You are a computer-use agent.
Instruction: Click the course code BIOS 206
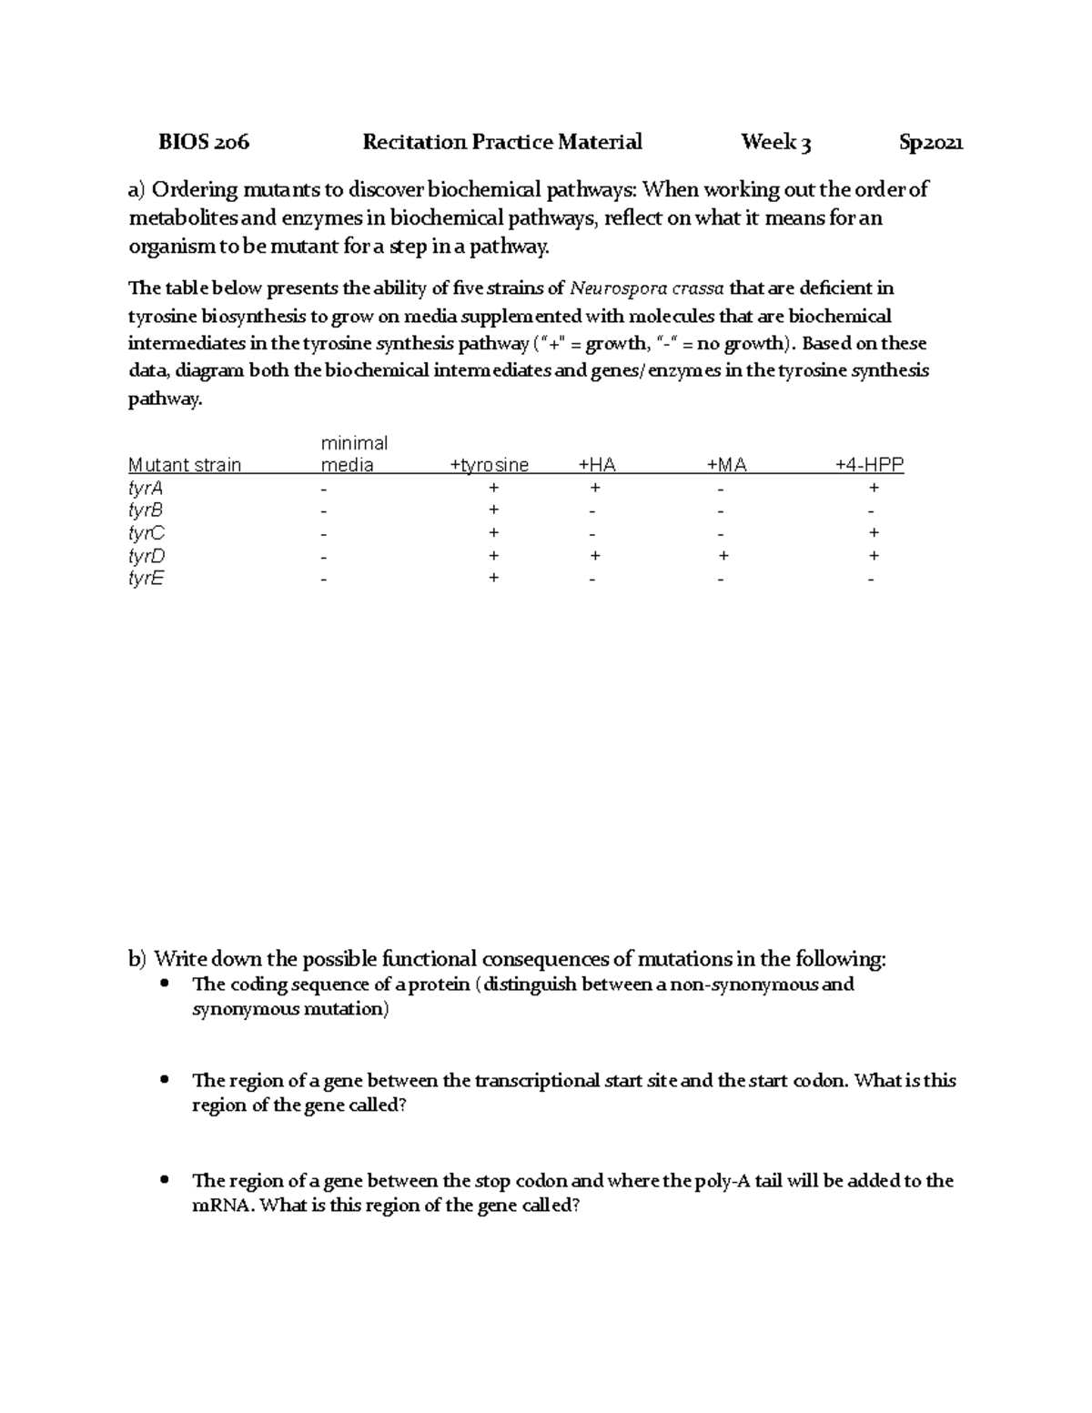204,142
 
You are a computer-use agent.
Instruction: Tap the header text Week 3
775,142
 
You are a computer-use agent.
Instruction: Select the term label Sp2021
931,142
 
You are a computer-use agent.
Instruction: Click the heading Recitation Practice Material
502,142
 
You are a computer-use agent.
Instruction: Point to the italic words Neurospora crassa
647,288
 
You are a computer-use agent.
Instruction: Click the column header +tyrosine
490,465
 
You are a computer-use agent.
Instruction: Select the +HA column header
597,465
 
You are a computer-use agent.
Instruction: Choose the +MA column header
726,465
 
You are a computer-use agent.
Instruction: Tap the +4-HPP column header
870,465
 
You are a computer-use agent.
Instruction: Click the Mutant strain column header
185,465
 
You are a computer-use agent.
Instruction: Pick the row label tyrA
146,488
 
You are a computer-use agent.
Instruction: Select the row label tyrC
147,533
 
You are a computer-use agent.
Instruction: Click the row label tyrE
147,579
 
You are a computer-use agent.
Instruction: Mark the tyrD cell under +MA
723,555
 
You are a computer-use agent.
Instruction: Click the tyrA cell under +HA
594,487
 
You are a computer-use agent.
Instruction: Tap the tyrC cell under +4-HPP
874,532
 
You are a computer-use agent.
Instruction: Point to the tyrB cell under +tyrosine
493,510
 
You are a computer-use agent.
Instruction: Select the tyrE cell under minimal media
321,580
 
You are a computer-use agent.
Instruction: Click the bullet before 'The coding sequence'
165,983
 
